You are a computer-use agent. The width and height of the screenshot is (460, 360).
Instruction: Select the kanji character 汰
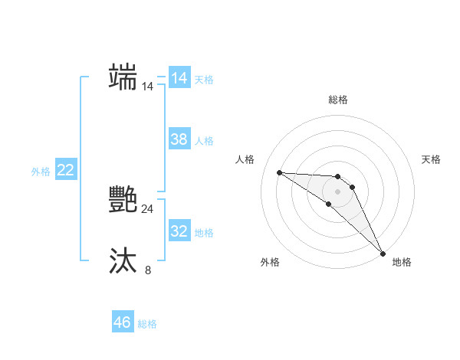(x=123, y=261)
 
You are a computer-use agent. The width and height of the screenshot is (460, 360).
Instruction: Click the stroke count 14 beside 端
(x=148, y=87)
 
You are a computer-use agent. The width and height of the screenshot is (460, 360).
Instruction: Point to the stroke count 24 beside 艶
(x=148, y=209)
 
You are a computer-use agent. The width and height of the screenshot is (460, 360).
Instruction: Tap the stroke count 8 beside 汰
(x=148, y=270)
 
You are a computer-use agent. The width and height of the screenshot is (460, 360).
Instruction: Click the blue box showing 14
(x=179, y=78)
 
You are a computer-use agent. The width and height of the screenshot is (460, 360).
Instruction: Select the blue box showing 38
(x=179, y=139)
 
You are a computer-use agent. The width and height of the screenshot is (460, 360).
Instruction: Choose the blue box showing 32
(x=179, y=231)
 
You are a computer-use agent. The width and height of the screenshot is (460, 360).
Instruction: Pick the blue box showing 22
(x=66, y=171)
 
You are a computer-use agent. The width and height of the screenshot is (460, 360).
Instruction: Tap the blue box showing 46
(x=123, y=322)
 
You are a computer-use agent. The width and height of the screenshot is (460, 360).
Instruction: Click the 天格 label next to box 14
(x=204, y=79)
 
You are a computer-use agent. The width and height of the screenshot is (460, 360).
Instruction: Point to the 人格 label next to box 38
(x=204, y=140)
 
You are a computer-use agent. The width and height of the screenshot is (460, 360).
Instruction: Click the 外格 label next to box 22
(x=41, y=172)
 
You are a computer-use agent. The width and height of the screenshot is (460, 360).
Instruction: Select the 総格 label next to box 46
(x=147, y=324)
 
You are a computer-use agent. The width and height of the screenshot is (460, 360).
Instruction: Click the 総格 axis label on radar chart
(x=338, y=100)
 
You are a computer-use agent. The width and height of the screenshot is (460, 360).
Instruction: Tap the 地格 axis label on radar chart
(x=402, y=262)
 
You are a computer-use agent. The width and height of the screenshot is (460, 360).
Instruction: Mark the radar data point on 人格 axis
(x=279, y=172)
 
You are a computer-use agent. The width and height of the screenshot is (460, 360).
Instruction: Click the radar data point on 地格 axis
(x=383, y=252)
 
